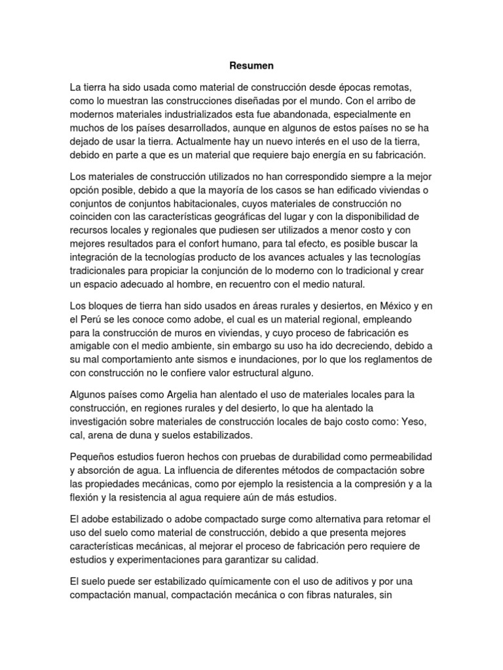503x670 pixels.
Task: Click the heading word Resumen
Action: point(251,66)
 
